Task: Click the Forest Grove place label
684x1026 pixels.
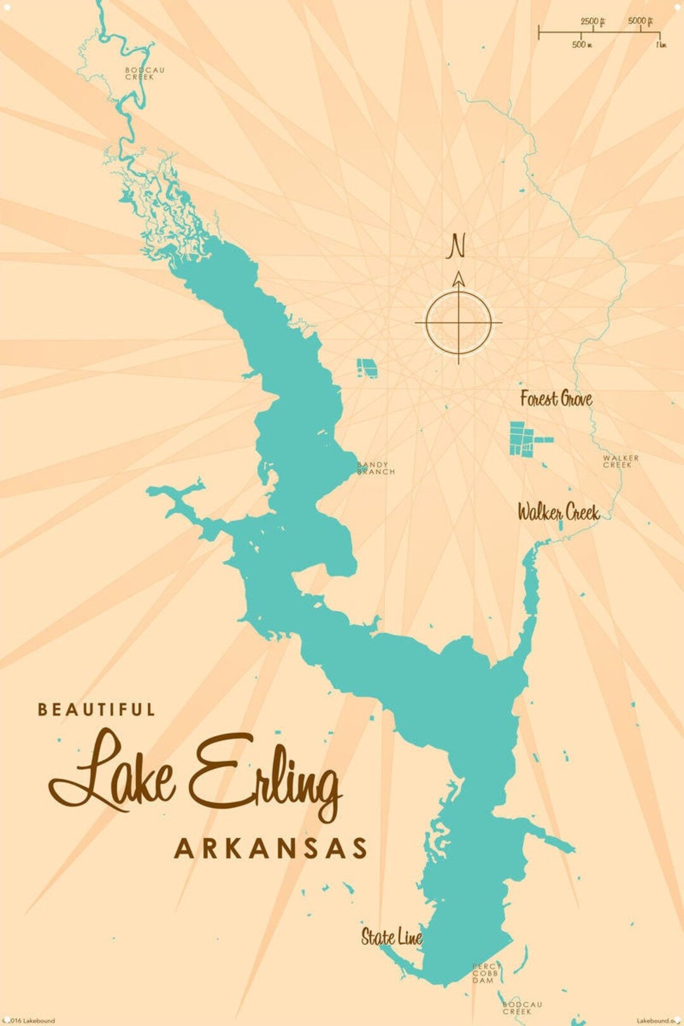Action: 556,398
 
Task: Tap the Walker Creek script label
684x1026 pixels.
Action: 558,512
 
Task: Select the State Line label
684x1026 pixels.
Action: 391,937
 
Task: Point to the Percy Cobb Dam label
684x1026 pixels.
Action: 485,973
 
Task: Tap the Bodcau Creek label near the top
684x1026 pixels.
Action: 144,73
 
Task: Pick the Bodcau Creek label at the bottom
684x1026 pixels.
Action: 522,1008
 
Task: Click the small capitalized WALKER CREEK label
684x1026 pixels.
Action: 620,461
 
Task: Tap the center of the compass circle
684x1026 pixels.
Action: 459,322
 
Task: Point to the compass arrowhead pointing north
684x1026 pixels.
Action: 459,279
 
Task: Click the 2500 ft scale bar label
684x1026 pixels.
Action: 593,22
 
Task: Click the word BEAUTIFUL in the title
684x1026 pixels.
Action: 96,709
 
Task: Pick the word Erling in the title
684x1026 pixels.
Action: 265,775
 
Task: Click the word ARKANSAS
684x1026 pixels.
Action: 270,849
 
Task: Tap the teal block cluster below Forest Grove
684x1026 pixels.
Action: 524,438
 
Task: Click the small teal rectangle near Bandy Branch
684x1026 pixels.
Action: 366,368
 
